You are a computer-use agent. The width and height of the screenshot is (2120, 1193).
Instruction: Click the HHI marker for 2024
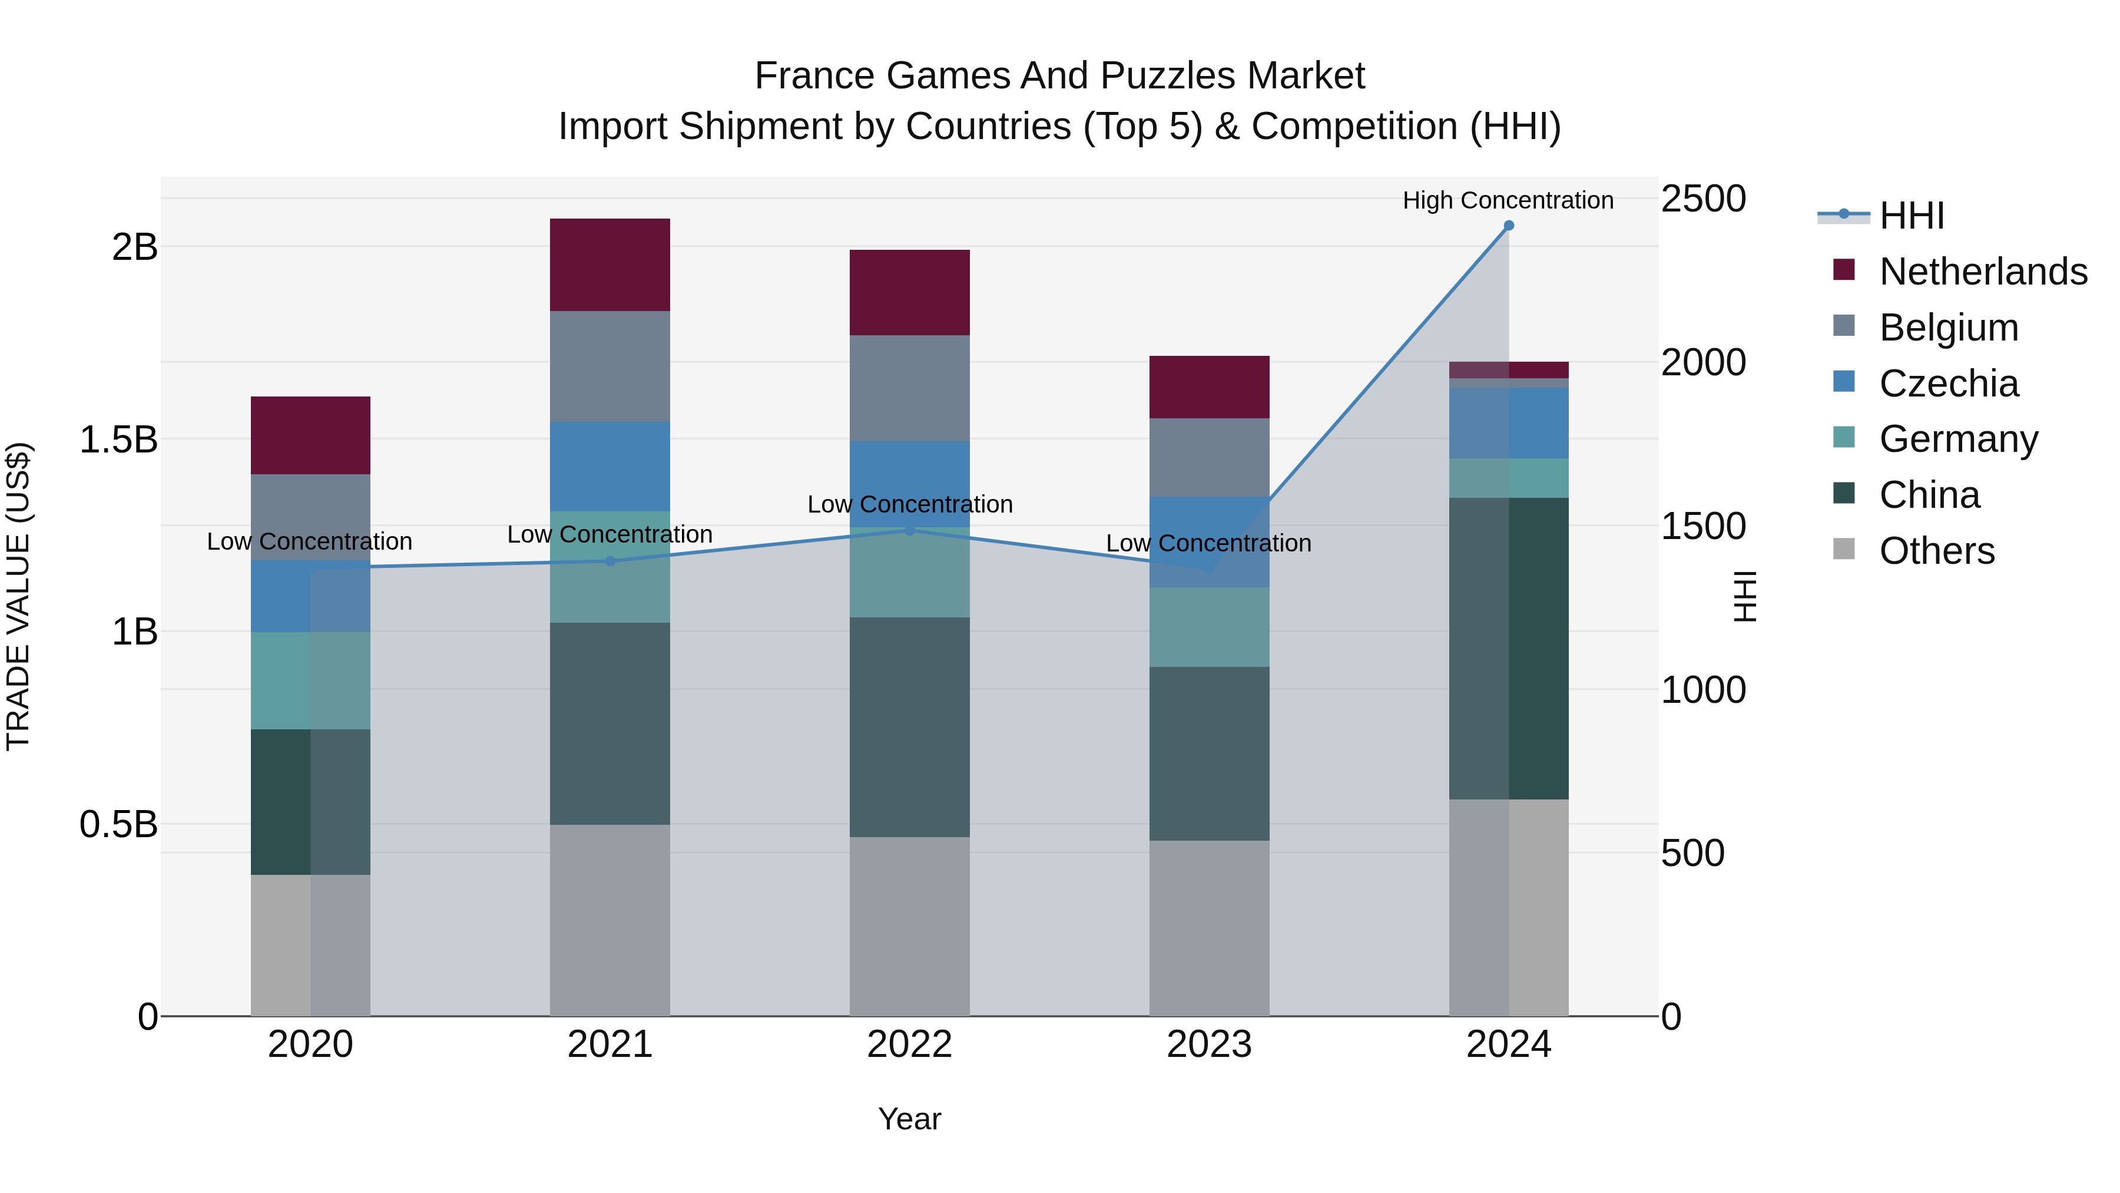tap(1509, 226)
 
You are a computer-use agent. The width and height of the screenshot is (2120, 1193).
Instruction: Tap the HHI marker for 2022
tap(909, 530)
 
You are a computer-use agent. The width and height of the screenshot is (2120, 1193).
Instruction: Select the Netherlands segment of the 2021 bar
tap(610, 265)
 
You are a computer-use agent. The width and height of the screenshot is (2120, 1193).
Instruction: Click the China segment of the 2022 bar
tap(909, 727)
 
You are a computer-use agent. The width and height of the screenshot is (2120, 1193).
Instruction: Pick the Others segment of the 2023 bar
tap(1209, 928)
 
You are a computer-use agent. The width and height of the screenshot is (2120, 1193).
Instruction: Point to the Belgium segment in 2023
tap(1209, 457)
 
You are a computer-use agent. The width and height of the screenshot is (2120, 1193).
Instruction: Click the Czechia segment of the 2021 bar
tap(610, 466)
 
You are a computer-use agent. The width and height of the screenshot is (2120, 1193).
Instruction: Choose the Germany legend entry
tap(1958, 439)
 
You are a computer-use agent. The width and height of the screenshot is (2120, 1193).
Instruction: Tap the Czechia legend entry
tap(1948, 384)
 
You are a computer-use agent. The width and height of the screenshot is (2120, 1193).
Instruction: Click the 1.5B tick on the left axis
tap(118, 439)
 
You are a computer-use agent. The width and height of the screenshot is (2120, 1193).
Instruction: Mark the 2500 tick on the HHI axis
tap(1702, 199)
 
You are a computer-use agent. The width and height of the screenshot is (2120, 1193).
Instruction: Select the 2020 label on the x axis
tap(310, 1045)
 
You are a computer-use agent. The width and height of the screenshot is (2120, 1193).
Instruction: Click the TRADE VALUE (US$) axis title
tap(18, 596)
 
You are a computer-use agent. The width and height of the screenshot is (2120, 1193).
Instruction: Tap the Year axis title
tap(909, 1119)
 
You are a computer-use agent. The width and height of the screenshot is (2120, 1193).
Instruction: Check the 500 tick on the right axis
tap(1692, 853)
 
